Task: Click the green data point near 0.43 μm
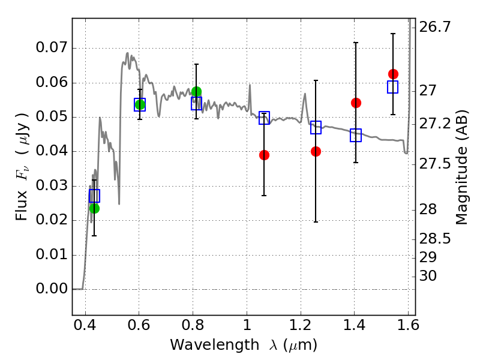pyautogui.click(x=94, y=208)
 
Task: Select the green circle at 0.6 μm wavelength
pyautogui.click(x=140, y=104)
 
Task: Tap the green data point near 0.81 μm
pyautogui.click(x=197, y=92)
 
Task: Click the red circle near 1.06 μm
pyautogui.click(x=264, y=155)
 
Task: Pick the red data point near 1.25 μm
pyautogui.click(x=316, y=152)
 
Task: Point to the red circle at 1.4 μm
pyautogui.click(x=356, y=103)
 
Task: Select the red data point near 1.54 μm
pyautogui.click(x=394, y=74)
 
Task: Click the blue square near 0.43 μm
pyautogui.click(x=94, y=196)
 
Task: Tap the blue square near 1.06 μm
pyautogui.click(x=264, y=118)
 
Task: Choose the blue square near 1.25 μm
pyautogui.click(x=316, y=127)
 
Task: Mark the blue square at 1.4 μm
pyautogui.click(x=356, y=136)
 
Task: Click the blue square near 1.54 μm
pyautogui.click(x=393, y=87)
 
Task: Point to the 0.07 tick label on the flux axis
pyautogui.click(x=52, y=48)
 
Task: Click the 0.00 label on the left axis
pyautogui.click(x=52, y=289)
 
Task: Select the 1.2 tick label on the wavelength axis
pyautogui.click(x=301, y=325)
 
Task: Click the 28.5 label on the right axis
pyautogui.click(x=434, y=239)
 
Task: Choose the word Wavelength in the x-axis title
pyautogui.click(x=215, y=345)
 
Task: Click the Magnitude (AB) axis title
pyautogui.click(x=462, y=167)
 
